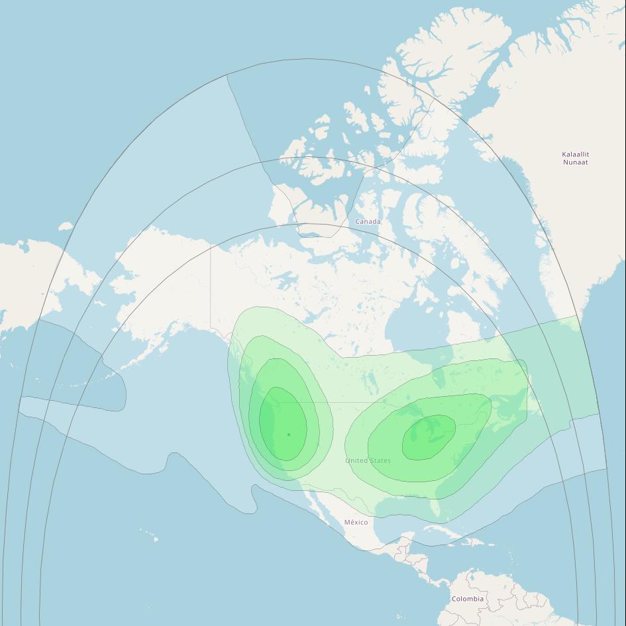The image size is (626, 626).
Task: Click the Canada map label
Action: [368, 221]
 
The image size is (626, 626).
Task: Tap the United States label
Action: [368, 460]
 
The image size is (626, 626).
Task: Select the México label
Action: [356, 522]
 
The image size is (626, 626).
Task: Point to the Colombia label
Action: [467, 599]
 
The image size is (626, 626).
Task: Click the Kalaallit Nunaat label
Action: [575, 158]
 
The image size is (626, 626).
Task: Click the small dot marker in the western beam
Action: [289, 435]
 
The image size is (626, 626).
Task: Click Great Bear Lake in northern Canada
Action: [285, 278]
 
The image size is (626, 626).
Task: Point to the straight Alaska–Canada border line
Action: [211, 285]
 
